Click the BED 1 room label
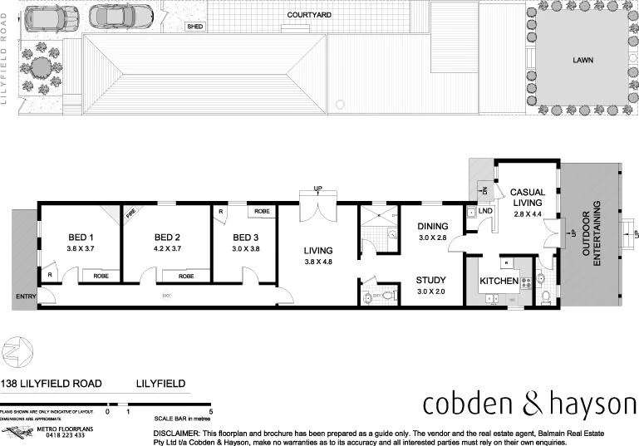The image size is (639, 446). point(81,236)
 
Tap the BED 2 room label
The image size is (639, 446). point(167,236)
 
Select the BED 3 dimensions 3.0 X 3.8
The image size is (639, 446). point(245,248)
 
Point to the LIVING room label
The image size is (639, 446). point(318,250)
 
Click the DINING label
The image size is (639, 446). point(432,226)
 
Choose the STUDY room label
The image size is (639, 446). point(430,280)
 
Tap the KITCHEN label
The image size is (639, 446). point(499,282)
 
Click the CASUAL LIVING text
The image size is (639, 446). point(527,197)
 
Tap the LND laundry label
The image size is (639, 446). point(486,212)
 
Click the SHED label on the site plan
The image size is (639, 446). point(195,27)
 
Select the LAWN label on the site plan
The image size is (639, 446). point(582,61)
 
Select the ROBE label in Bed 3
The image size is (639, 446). point(262,212)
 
